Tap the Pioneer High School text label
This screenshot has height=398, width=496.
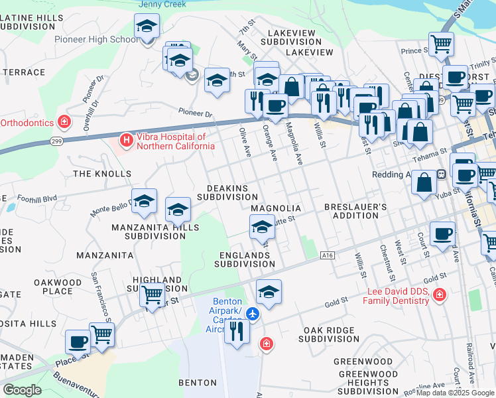pyautogui.click(x=97, y=40)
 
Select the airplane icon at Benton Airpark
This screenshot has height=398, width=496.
pyautogui.click(x=252, y=312)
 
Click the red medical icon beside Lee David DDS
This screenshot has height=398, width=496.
pyautogui.click(x=438, y=295)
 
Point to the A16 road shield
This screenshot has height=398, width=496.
pyautogui.click(x=326, y=255)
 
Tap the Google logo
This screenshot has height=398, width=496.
pyautogui.click(x=22, y=389)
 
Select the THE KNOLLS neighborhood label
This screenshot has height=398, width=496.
pyautogui.click(x=102, y=174)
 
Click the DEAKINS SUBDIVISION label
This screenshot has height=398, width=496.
pyautogui.click(x=227, y=193)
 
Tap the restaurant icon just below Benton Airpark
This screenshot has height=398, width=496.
pyautogui.click(x=237, y=331)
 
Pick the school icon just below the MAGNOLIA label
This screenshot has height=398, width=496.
pyautogui.click(x=262, y=228)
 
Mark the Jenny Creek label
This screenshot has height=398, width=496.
pyautogui.click(x=162, y=4)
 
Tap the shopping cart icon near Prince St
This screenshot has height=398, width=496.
pyautogui.click(x=441, y=45)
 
